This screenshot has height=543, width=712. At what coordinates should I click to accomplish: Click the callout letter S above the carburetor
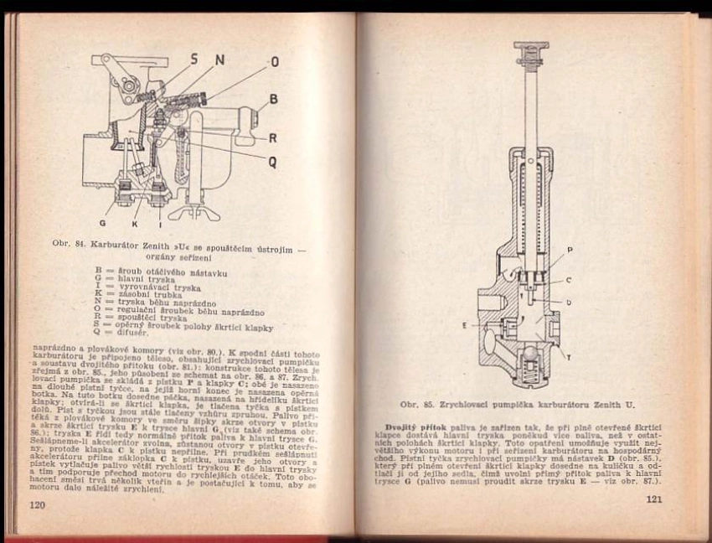pyautogui.click(x=195, y=59)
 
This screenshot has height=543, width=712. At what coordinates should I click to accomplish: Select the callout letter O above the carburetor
pyautogui.click(x=274, y=61)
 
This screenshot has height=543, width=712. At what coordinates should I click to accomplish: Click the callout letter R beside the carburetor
pyautogui.click(x=272, y=137)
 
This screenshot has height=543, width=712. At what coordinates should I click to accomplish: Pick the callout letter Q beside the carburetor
pyautogui.click(x=272, y=162)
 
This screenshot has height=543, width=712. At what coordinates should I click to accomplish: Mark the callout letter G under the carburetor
pyautogui.click(x=103, y=223)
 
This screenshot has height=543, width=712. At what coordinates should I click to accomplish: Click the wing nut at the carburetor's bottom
pyautogui.click(x=193, y=212)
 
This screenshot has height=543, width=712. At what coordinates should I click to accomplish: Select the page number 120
pyautogui.click(x=36, y=506)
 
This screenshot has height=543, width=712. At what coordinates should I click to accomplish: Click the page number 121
pyautogui.click(x=654, y=500)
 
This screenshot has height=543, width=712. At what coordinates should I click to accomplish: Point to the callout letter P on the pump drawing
pyautogui.click(x=569, y=250)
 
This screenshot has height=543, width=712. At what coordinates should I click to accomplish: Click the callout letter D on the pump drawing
pyautogui.click(x=569, y=302)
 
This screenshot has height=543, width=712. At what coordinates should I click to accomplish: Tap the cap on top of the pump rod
pyautogui.click(x=532, y=55)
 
